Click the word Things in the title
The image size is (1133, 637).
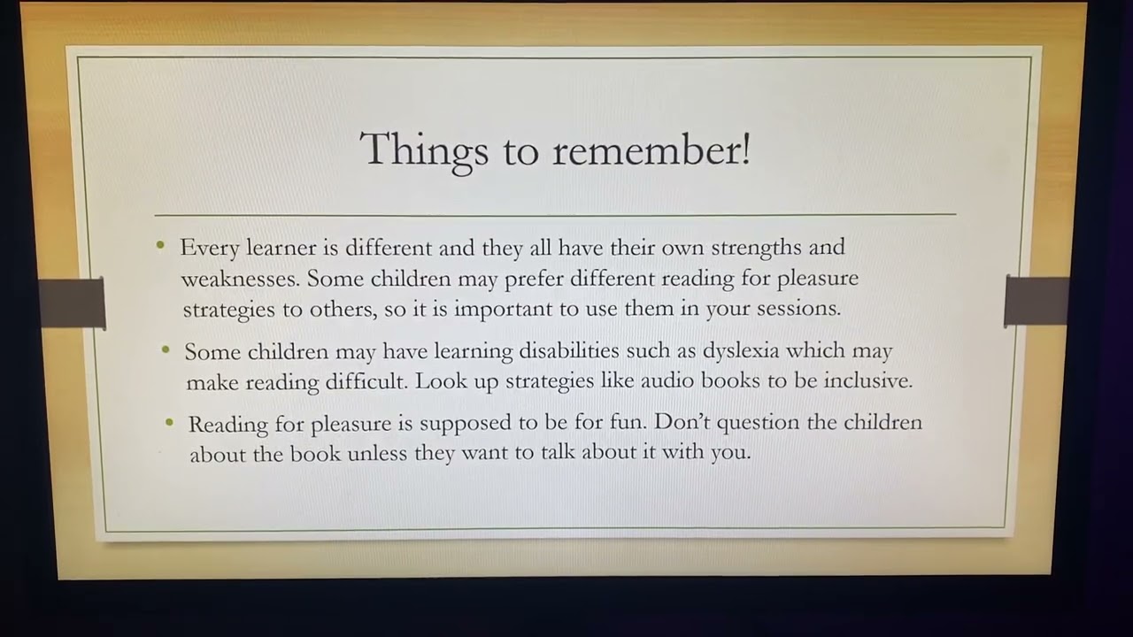click(423, 150)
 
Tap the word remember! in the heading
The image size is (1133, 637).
click(651, 150)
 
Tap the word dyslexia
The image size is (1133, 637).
click(741, 351)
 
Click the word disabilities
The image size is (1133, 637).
click(569, 351)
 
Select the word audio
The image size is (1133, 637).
click(667, 381)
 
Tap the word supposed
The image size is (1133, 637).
click(459, 423)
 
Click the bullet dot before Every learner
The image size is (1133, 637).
click(160, 245)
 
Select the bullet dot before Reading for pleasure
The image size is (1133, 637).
click(169, 423)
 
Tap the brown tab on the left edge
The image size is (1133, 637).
click(73, 303)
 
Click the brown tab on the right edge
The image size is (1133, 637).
click(1036, 301)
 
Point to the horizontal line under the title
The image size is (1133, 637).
click(555, 214)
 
